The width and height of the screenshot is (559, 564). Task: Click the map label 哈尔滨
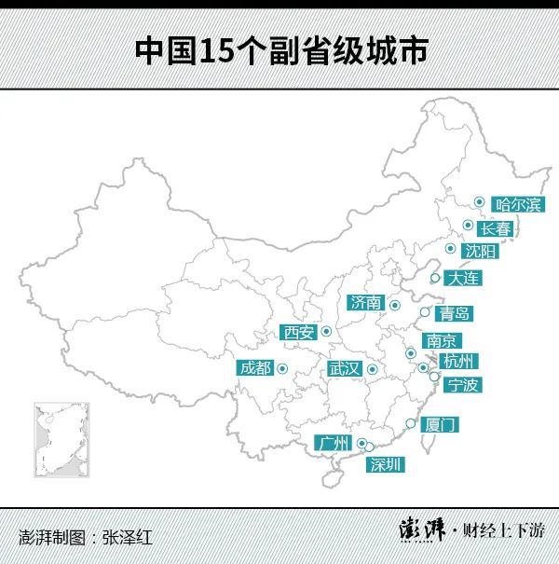pyautogui.click(x=518, y=204)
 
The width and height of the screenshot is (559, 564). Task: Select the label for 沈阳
pyautogui.click(x=481, y=252)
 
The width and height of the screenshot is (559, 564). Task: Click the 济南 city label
pyautogui.click(x=365, y=302)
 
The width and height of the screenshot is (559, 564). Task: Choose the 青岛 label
pyautogui.click(x=456, y=313)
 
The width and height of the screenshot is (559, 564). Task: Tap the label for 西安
pyautogui.click(x=299, y=332)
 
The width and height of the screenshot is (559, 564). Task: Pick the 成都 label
pyautogui.click(x=255, y=367)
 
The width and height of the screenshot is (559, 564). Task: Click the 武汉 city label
pyautogui.click(x=343, y=368)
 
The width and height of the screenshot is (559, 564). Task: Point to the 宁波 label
pyautogui.click(x=463, y=384)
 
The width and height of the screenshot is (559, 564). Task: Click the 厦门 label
pyautogui.click(x=440, y=424)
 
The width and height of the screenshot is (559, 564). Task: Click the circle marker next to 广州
pyautogui.click(x=361, y=445)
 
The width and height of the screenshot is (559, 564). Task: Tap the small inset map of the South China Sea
pyautogui.click(x=61, y=438)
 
